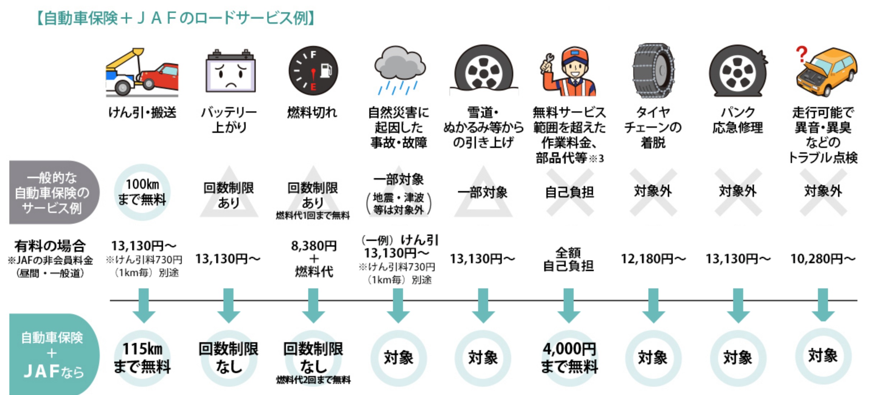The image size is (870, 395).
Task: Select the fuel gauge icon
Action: tap(313, 70)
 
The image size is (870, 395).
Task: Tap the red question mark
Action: tap(801, 54)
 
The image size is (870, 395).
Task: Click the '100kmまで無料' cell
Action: tap(142, 192)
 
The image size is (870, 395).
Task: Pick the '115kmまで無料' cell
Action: tap(142, 358)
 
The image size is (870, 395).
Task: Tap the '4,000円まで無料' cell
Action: tap(569, 358)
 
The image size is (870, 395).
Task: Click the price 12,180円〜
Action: tap(653, 259)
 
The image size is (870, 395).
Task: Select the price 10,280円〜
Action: tap(823, 259)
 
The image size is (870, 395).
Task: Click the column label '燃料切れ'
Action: tap(312, 112)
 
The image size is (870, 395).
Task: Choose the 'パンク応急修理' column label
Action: tap(738, 120)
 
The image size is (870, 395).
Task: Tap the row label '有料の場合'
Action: tap(50, 246)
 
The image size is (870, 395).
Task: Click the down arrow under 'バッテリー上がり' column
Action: tap(228, 306)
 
